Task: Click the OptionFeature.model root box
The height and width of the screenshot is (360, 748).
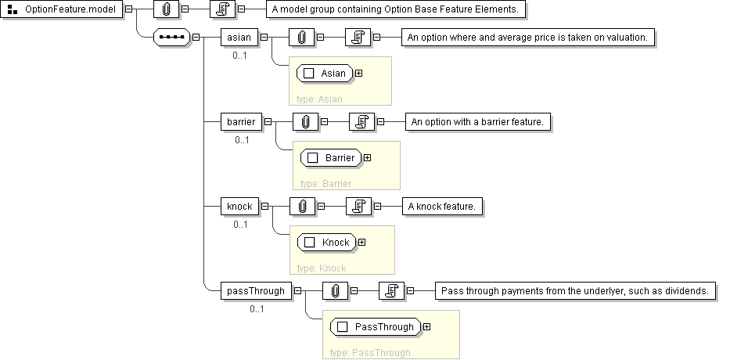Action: click(x=63, y=11)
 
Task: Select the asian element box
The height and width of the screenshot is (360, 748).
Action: click(x=239, y=37)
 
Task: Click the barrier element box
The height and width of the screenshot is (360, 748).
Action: click(x=241, y=121)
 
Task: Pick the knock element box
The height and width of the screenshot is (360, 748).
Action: click(x=239, y=206)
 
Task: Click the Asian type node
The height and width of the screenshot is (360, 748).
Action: click(x=325, y=73)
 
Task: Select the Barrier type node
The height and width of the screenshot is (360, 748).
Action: click(x=332, y=157)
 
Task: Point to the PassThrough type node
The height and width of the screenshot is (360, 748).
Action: click(x=376, y=326)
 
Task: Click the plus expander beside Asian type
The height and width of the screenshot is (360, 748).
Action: click(x=359, y=73)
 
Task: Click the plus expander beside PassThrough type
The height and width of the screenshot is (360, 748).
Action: click(x=426, y=326)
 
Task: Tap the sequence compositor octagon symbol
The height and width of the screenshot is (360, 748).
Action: click(x=171, y=37)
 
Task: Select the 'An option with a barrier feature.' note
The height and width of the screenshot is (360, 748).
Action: click(x=482, y=121)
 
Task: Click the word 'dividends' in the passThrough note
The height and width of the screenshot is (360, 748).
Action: click(x=685, y=290)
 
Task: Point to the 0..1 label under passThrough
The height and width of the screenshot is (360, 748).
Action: click(x=257, y=308)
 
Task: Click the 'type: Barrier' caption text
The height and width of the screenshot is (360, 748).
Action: click(x=325, y=183)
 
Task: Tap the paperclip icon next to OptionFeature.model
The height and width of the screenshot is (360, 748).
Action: click(x=166, y=11)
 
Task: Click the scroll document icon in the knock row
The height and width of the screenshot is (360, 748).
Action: click(x=358, y=206)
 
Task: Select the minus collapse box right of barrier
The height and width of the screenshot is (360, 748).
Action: click(x=268, y=121)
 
